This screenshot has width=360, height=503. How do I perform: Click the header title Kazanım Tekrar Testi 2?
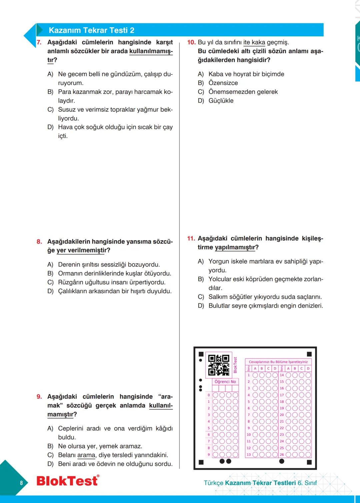pos(91,30)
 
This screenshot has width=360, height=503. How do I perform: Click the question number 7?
pos(39,42)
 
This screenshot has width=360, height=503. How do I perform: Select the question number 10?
pos(191,42)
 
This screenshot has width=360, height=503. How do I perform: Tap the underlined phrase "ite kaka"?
pos(254,42)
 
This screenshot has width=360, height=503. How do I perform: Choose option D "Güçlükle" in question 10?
pos(221,101)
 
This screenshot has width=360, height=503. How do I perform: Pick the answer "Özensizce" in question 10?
pos(223,83)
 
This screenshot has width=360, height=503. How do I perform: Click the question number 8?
pos(39,242)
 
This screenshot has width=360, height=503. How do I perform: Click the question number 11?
pos(191,239)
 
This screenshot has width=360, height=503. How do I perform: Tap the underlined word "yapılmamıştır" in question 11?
pos(235,247)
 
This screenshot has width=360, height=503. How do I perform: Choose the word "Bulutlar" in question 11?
pos(220,306)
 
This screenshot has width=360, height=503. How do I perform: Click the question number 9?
pos(39,397)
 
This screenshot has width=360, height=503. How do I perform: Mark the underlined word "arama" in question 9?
pos(86,455)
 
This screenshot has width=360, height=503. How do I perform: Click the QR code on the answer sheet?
pos(219,365)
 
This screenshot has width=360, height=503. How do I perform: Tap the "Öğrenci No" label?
pos(225,382)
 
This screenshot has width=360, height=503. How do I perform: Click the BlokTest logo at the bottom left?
pos(68,481)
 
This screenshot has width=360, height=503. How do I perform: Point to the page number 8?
pos(22,483)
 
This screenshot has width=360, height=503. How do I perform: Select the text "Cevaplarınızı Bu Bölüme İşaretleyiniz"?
pos(278,362)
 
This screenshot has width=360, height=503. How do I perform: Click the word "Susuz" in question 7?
pos(67,110)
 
